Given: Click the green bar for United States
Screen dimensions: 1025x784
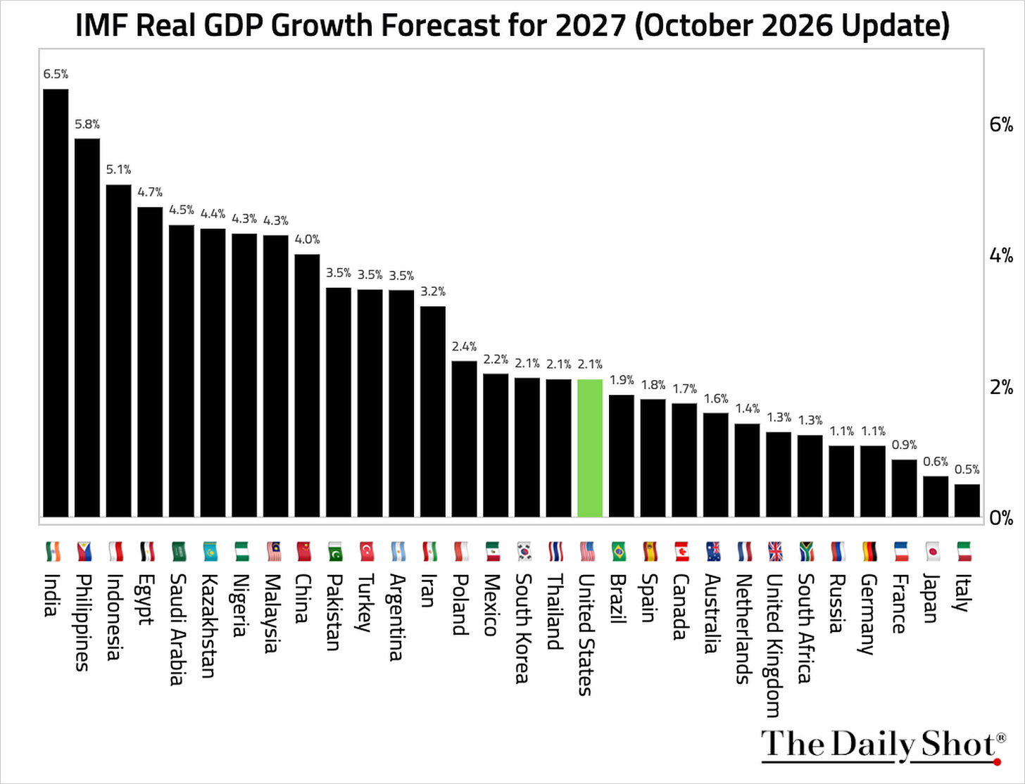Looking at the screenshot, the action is [590, 448].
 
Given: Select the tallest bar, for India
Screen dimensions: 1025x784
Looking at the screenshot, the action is [56, 303].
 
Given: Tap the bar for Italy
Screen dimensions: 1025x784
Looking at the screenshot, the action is [967, 500].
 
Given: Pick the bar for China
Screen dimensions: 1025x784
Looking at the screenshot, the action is [307, 386].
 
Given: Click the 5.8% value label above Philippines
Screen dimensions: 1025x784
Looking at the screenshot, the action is [87, 124].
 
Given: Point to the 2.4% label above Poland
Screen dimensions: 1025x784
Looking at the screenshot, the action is [464, 346].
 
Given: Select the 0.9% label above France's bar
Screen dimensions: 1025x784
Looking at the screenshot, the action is [905, 445].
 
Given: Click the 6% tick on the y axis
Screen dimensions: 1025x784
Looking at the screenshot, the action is [1001, 125].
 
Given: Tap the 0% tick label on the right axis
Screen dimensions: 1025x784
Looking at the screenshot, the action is [1001, 518].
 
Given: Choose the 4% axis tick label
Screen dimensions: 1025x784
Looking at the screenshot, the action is [1001, 255].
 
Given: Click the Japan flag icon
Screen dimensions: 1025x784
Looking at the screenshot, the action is [933, 551].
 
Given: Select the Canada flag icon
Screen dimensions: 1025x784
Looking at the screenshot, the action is [681, 551].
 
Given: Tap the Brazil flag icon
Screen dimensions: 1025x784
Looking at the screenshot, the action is [618, 551].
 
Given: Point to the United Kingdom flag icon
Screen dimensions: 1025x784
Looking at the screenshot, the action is [776, 551].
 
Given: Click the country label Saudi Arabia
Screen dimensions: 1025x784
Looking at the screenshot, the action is [177, 629].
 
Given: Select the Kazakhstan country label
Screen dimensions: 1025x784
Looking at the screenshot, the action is [208, 626].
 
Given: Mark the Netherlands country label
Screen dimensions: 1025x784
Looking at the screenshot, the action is [743, 628].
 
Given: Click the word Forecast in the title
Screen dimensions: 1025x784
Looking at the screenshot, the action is [440, 25].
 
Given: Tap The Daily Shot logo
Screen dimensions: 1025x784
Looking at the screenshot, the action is [883, 746].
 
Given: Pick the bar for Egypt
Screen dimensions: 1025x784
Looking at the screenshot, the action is [150, 362].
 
